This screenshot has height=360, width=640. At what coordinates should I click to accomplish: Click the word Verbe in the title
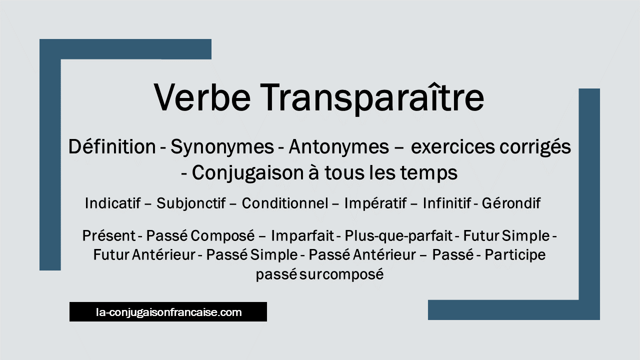click(202, 97)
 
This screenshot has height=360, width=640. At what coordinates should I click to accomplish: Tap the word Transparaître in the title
click(372, 98)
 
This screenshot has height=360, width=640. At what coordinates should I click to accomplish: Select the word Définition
click(112, 146)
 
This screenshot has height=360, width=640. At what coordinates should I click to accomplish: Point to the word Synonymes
click(222, 147)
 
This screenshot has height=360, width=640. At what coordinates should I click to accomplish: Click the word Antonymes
click(339, 147)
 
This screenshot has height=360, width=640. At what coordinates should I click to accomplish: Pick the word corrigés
click(535, 147)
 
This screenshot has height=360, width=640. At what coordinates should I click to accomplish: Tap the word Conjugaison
click(247, 173)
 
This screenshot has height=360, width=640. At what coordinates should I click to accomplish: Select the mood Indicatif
click(113, 203)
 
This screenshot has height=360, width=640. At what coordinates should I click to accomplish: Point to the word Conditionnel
click(285, 203)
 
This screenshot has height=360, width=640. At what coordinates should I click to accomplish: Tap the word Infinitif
click(447, 203)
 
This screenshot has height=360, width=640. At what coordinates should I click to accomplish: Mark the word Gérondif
click(511, 203)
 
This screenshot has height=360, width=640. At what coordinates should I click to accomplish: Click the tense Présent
click(109, 236)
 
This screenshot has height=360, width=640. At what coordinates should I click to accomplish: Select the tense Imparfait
click(302, 236)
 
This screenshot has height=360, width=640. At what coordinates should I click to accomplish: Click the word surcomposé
click(341, 275)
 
